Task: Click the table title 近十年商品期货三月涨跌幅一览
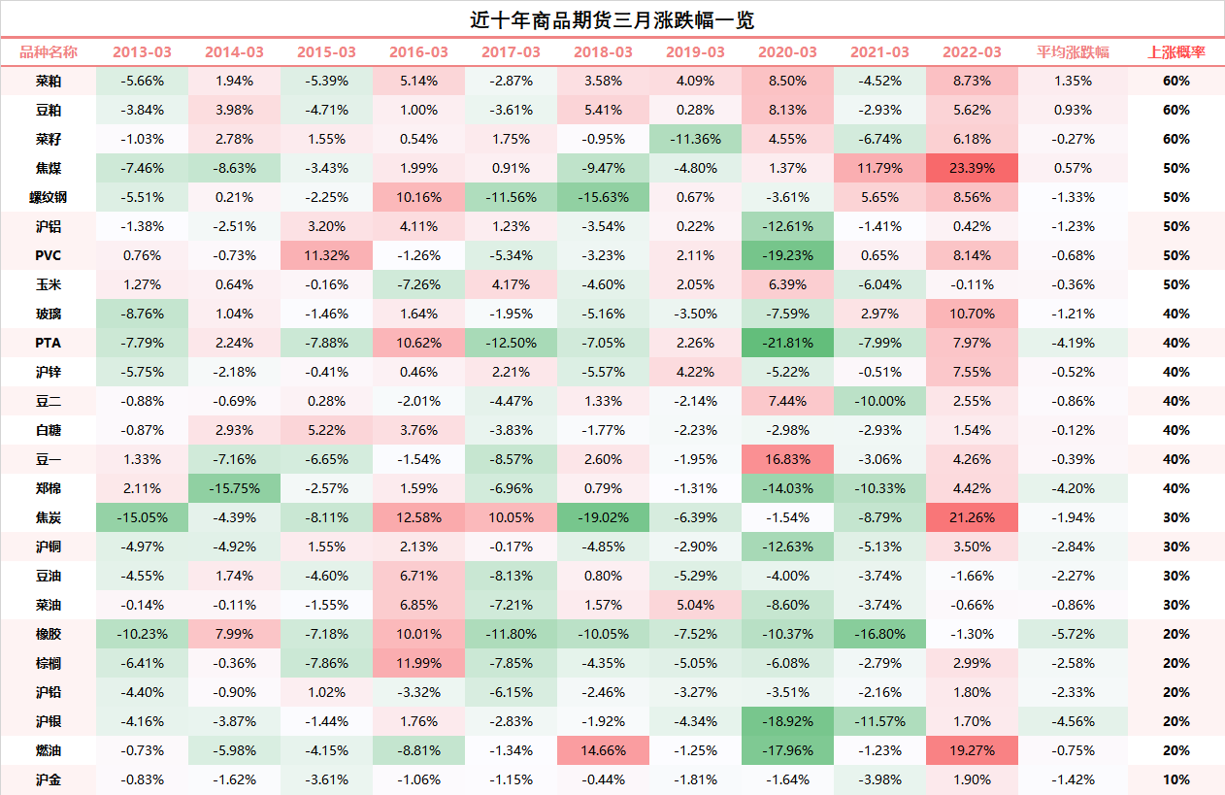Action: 612,19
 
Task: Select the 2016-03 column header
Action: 418,52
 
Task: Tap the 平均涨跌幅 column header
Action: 1073,52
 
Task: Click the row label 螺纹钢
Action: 49,197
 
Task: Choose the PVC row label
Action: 49,255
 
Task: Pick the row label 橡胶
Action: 49,634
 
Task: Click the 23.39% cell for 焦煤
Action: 972,168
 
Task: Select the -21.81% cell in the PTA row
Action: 787,343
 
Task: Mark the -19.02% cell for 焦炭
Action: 603,517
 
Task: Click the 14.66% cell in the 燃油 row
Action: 603,750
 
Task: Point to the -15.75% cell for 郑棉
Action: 234,488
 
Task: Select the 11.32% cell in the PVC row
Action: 326,255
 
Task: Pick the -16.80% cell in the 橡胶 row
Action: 879,634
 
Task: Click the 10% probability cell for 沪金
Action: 1175,779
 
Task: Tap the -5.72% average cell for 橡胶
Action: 1073,634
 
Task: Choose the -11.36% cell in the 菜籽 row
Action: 695,139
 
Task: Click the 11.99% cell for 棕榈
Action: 418,663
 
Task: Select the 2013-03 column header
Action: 142,52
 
